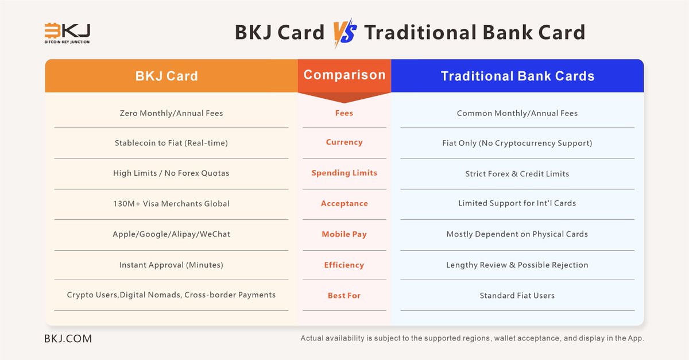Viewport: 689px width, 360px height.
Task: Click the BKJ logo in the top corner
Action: pos(67,33)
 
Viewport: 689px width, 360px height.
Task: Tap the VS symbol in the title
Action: pos(344,33)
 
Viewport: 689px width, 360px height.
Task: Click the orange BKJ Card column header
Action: pos(167,76)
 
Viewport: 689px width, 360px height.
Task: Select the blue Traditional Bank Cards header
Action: pos(517,76)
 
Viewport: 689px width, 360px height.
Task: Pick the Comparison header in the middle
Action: pos(344,75)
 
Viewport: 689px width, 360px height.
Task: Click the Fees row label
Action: pos(344,113)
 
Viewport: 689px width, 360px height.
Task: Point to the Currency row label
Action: pos(344,142)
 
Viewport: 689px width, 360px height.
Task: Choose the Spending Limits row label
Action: pos(344,173)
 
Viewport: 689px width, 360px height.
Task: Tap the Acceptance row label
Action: pos(344,204)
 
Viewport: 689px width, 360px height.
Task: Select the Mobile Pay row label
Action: pos(344,234)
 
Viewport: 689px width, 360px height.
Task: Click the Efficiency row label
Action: pos(344,265)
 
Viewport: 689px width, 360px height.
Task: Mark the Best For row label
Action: pos(344,296)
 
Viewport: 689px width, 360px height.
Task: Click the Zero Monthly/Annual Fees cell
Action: pos(171,113)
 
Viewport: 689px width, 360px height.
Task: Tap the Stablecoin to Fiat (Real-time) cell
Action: pos(171,142)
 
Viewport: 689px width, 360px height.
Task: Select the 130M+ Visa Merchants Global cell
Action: pos(171,204)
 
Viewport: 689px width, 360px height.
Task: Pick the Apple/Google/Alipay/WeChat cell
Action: pos(171,234)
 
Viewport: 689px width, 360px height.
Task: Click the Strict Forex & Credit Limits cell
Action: pos(517,173)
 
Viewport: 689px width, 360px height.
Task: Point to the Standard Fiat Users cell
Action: pos(517,296)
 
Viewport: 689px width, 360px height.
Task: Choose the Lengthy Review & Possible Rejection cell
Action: pos(517,265)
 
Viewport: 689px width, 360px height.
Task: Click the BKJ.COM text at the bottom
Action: pos(68,339)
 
